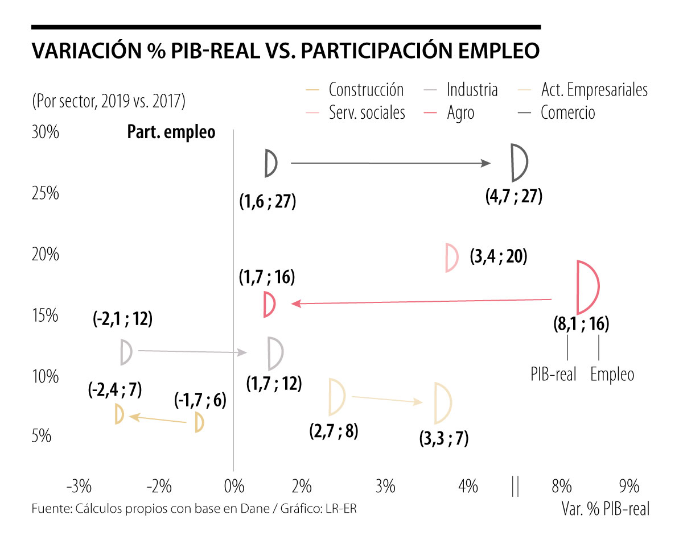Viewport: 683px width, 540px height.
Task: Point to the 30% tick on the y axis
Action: (44, 132)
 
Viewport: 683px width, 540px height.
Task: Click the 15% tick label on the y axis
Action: (44, 315)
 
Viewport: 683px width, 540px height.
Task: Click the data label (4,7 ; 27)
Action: (513, 197)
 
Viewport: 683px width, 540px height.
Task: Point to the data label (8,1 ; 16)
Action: (581, 325)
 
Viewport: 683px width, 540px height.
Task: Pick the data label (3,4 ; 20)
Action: (499, 257)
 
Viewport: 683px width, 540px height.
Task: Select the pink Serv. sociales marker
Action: (451, 257)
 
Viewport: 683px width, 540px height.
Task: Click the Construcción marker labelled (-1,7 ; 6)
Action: (199, 422)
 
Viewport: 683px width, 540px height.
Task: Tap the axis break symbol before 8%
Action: (515, 487)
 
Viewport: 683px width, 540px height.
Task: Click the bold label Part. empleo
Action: (171, 132)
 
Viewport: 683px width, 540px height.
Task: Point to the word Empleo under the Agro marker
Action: (612, 375)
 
